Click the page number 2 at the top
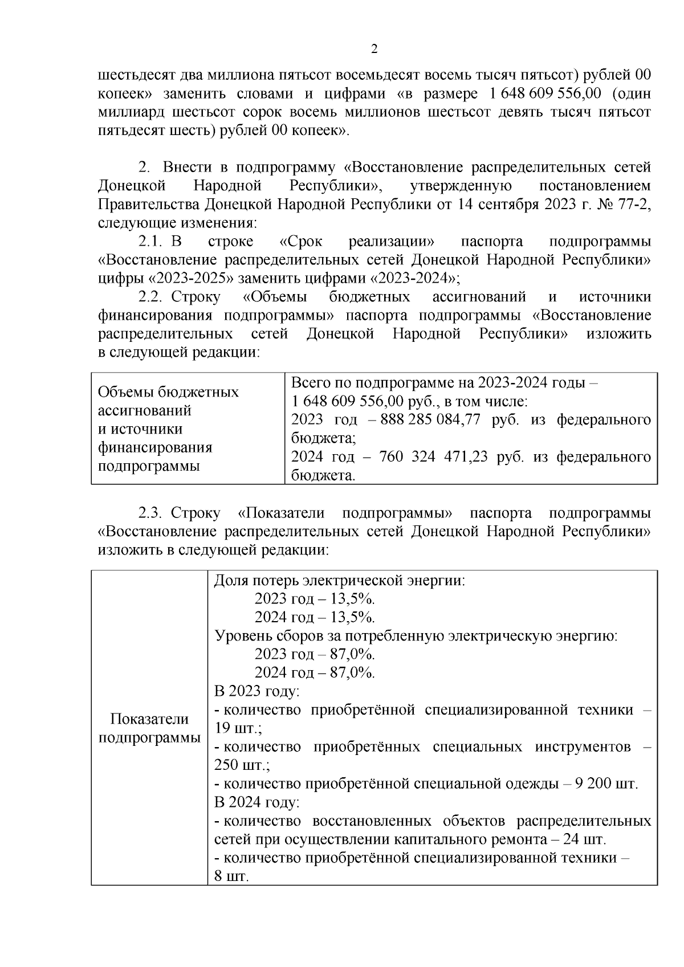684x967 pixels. (x=374, y=50)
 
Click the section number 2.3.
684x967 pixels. (x=151, y=513)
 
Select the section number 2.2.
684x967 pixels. (x=151, y=297)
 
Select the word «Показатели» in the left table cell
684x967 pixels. (x=149, y=719)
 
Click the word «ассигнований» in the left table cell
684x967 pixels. (x=145, y=411)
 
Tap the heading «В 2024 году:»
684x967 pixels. (x=257, y=802)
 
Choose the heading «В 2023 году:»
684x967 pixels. (x=257, y=691)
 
